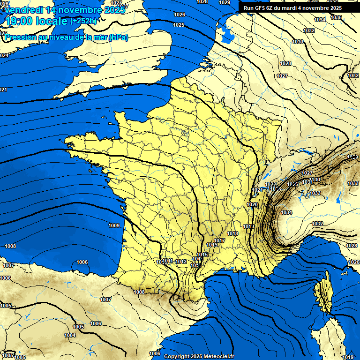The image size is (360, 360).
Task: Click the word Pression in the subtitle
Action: click(20, 37)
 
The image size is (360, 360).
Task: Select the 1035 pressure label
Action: click(336, 17)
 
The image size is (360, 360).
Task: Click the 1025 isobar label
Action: click(179, 25)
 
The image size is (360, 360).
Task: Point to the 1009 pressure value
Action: click(114, 225)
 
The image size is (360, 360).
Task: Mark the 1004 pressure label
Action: click(70, 335)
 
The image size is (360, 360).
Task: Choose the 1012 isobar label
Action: click(181, 262)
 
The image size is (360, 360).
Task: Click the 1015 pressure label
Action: click(202, 255)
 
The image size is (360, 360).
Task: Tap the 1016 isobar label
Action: click(212, 245)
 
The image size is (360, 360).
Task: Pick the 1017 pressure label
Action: click(220, 240)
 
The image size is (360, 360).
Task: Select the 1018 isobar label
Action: click(233, 233)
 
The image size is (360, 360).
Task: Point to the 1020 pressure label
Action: click(253, 205)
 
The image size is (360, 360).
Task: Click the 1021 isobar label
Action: click(257, 190)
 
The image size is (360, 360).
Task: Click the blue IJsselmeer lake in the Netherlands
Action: click(227, 34)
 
